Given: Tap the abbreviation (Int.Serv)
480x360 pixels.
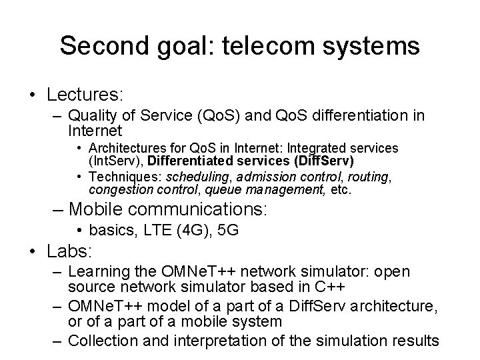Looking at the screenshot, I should [116, 160].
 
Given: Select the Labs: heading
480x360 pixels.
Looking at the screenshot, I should [69, 253].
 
